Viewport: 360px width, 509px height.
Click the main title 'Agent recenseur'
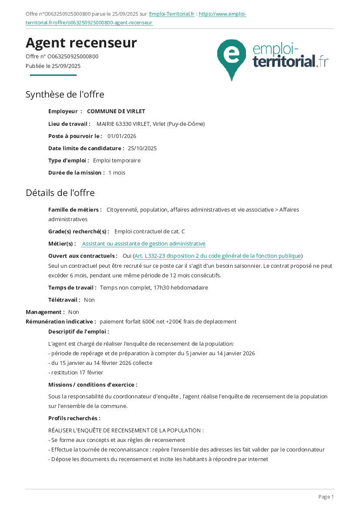coord(81,43)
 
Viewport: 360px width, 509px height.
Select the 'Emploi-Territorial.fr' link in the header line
coord(172,14)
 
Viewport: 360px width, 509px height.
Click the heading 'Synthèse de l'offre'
coord(65,94)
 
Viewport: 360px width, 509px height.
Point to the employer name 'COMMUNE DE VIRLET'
coord(116,111)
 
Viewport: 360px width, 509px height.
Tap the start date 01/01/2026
coord(122,136)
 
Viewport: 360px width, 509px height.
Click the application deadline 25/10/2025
coord(142,148)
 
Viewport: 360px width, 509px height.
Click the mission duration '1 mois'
coord(117,172)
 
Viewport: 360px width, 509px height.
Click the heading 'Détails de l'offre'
coord(60,193)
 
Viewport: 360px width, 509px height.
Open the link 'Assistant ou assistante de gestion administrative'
coord(144,243)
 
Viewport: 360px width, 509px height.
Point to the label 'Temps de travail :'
coord(72,287)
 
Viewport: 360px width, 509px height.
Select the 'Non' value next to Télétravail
coord(89,300)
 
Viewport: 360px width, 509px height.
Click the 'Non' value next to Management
coord(74,312)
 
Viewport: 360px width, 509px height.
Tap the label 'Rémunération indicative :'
coord(61,321)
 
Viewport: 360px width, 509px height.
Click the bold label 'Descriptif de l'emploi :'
coord(79,331)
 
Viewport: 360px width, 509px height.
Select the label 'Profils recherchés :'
coord(74,418)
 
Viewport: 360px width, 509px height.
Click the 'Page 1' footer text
coord(326,497)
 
